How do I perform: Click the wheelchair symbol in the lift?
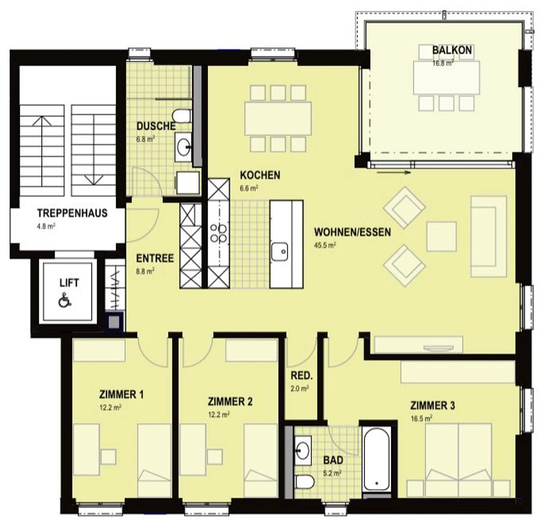65,300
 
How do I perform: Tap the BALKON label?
452,50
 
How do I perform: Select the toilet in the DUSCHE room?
182,116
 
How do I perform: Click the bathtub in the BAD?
376,460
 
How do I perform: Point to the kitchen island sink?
279,251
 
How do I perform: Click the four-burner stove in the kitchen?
218,233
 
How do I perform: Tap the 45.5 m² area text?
325,245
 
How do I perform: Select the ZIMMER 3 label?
432,405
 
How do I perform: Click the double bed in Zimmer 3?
459,460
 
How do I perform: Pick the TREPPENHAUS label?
72,213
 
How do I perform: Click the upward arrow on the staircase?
42,151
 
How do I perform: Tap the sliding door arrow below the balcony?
393,173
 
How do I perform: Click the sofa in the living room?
488,236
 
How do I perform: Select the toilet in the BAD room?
305,482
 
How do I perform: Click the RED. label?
302,376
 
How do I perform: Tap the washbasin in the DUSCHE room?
183,147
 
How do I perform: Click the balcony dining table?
446,78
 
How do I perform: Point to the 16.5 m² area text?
421,418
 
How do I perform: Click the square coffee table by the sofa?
442,237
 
